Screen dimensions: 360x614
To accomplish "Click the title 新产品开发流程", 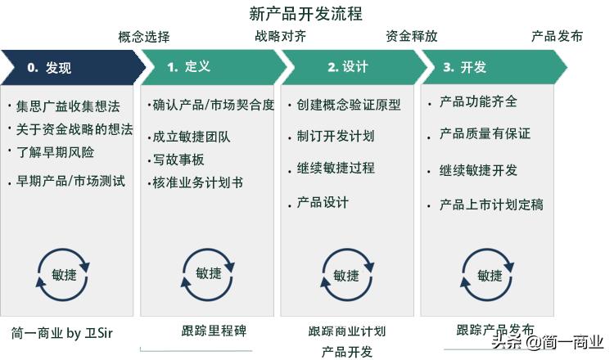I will coord(305,14).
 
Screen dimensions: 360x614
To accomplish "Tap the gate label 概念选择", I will coord(144,36).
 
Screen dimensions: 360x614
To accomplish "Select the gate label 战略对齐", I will coord(281,36).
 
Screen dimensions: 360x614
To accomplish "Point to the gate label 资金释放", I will coord(411,36).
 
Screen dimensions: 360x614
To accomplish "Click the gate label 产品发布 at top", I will coord(558,36).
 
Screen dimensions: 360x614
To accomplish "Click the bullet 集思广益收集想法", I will coord(67,107).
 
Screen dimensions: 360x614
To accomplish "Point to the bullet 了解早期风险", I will coord(55,151).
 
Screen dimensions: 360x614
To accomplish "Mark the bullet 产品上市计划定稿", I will coord(491,205).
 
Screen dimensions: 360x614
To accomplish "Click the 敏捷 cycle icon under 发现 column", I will coord(63,274).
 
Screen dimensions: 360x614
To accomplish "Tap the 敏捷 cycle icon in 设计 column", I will coord(346,275).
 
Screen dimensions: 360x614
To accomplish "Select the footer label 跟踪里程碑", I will coord(214,331).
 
